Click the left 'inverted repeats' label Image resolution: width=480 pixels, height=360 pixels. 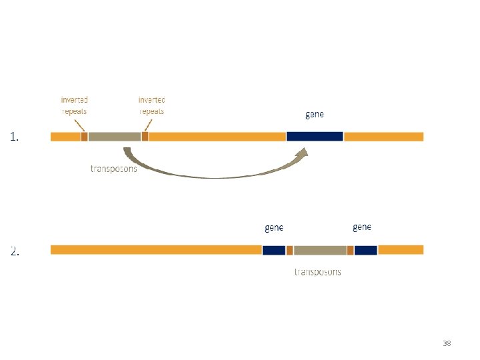point(74,105)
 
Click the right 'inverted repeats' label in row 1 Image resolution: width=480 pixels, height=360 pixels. point(151,105)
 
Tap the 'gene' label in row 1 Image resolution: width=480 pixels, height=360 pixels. point(315,115)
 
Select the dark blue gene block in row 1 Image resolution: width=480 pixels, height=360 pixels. point(315,136)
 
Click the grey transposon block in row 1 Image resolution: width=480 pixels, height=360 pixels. point(114,136)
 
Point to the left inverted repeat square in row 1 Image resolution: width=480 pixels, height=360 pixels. point(84,136)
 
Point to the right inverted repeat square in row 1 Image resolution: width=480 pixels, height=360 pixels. point(145,136)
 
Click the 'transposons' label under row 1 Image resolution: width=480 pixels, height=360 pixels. point(114,169)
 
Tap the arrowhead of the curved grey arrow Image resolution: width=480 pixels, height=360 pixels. point(304,156)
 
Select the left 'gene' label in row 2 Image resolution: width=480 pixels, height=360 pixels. point(274,228)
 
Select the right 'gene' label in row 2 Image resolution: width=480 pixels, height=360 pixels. point(361,227)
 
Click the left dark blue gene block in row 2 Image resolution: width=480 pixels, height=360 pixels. point(273,250)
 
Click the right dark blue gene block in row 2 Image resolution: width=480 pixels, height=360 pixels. point(366,250)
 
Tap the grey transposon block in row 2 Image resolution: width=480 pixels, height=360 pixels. point(320,250)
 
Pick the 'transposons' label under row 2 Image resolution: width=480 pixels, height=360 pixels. point(318,272)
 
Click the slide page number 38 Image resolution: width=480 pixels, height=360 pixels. point(447,343)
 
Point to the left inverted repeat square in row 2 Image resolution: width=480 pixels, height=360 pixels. point(290,250)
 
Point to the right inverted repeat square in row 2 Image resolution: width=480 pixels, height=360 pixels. point(351,250)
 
